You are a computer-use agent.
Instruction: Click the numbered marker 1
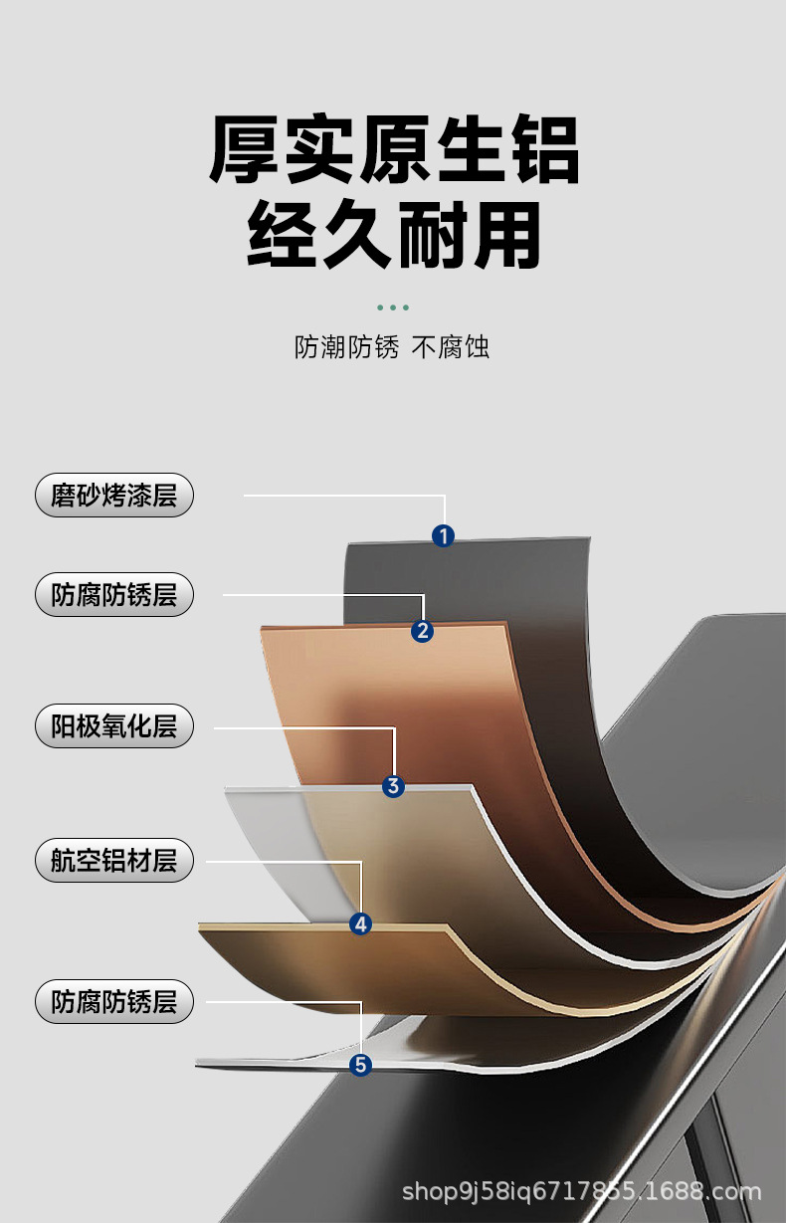(x=443, y=536)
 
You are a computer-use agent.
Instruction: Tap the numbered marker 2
(x=423, y=631)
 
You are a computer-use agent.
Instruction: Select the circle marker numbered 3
(x=393, y=787)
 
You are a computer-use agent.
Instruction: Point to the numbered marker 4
(x=361, y=924)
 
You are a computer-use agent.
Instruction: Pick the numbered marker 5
(x=361, y=1065)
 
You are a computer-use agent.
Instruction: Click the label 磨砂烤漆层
(x=114, y=495)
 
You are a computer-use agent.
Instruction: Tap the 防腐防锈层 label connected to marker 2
(x=114, y=595)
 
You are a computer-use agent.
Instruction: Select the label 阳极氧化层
(x=114, y=726)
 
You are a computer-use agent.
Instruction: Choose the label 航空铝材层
(x=114, y=860)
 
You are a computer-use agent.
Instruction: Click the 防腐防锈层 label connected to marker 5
(x=114, y=1001)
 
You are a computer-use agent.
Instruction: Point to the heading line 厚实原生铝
(x=394, y=151)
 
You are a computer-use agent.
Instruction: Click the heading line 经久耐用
(x=394, y=236)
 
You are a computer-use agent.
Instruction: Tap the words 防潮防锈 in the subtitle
(x=346, y=347)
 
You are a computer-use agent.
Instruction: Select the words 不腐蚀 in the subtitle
(x=451, y=347)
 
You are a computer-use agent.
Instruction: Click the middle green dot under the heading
(x=394, y=307)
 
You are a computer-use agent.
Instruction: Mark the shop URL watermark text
(x=581, y=1190)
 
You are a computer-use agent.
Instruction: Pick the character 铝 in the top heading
(x=543, y=151)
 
